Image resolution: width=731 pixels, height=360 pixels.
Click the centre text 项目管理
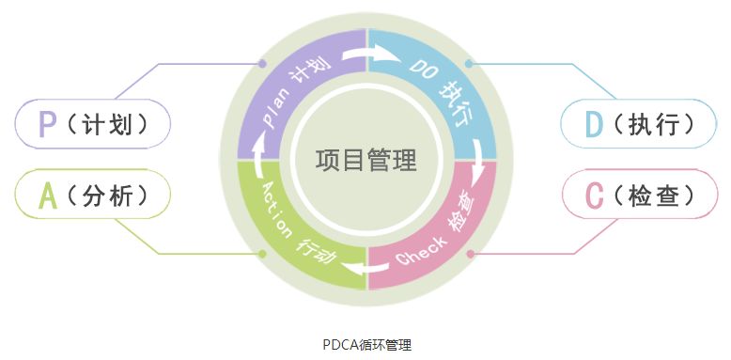coord(365,160)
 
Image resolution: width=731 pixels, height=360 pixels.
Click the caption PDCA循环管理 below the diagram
coord(365,344)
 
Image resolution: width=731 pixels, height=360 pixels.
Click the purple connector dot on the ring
coord(262,65)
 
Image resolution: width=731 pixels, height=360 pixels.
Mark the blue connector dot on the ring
coord(469,65)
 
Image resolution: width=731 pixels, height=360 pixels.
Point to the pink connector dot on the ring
coord(470,254)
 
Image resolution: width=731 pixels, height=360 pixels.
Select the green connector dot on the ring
coord(262,254)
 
